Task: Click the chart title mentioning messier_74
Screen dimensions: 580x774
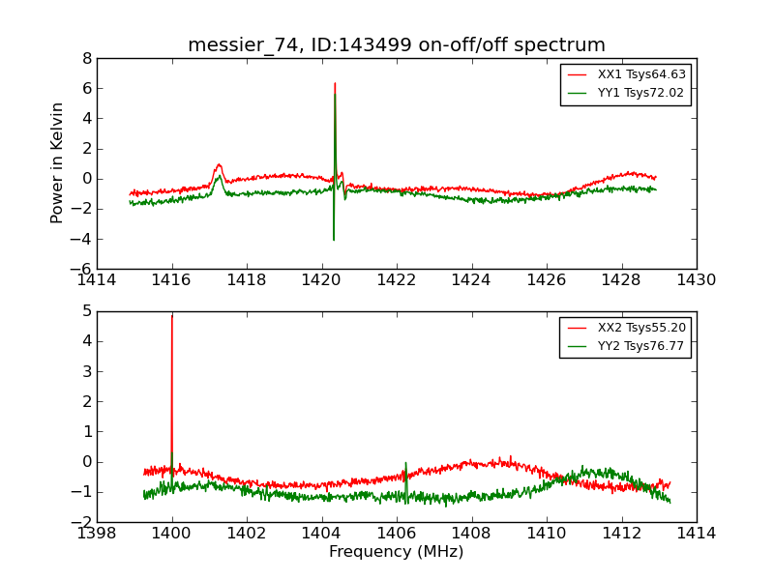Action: [x=397, y=45]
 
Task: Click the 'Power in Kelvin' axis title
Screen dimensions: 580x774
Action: [x=58, y=162]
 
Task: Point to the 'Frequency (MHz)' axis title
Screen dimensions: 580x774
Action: [x=397, y=552]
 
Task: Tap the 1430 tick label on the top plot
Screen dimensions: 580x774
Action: [x=697, y=279]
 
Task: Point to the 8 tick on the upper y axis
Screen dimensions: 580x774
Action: [x=87, y=58]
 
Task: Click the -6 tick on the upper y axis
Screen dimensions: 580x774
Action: [x=82, y=269]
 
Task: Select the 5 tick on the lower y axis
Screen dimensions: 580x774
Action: [x=87, y=311]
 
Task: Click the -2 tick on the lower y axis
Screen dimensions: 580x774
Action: [x=82, y=522]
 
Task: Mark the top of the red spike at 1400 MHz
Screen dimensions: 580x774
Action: [x=172, y=316]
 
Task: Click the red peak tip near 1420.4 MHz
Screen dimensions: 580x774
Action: [x=335, y=83]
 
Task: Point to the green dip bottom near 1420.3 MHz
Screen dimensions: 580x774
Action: [x=334, y=240]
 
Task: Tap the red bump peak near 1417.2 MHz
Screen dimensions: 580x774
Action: [x=219, y=164]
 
